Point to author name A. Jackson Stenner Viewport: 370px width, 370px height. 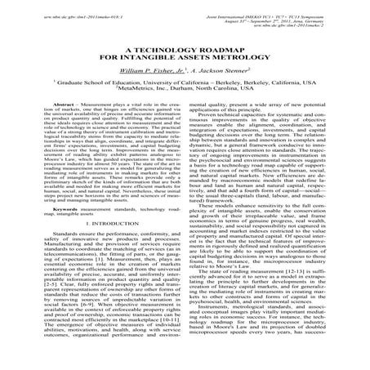pos(221,74)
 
